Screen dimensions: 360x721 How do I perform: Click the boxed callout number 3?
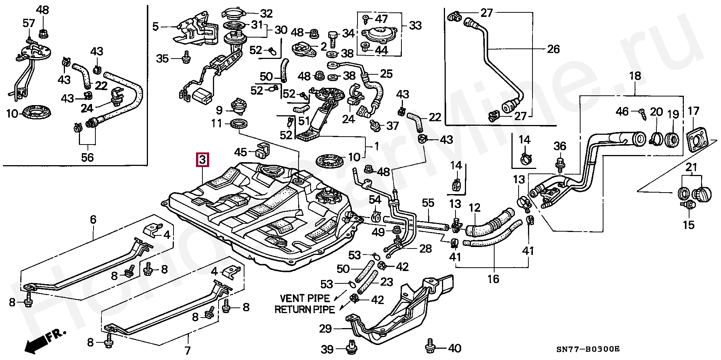(202, 160)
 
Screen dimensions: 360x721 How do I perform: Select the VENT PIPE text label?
(305, 298)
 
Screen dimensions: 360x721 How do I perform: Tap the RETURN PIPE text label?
(305, 310)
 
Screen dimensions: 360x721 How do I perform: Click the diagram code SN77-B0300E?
(588, 349)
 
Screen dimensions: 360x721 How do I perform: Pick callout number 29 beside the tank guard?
(325, 329)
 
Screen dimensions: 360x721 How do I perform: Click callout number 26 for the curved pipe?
(553, 49)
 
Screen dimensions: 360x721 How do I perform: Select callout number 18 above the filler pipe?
(635, 77)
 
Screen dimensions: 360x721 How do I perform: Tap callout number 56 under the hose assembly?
(87, 157)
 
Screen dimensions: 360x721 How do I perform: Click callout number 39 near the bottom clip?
(327, 349)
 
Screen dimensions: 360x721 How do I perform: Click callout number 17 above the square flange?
(693, 111)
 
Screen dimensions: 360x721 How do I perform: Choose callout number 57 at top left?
(29, 24)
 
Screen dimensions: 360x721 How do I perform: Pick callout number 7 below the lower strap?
(187, 351)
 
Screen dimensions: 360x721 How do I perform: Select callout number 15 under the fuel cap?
(689, 225)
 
